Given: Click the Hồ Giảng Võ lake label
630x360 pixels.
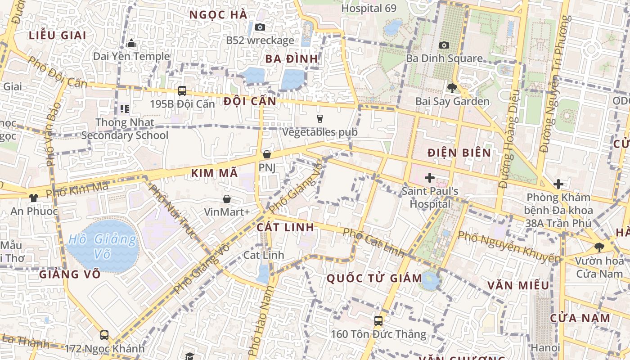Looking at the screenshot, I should click(x=102, y=247).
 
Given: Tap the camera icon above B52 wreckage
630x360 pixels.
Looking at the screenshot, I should click(x=260, y=27).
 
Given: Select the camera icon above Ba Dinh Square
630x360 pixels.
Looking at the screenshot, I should click(x=444, y=45).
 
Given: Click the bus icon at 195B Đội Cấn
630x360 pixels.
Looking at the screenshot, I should click(x=182, y=90).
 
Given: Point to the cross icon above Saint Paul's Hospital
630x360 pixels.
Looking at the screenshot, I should click(x=430, y=177).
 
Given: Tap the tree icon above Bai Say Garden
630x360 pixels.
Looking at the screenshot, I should click(x=452, y=88).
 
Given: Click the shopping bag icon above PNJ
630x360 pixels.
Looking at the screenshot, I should click(x=267, y=154).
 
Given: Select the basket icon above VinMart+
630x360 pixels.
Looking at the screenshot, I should click(x=227, y=198).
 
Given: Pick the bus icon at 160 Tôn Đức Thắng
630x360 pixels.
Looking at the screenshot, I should click(x=378, y=321).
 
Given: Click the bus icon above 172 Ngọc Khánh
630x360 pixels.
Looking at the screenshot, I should click(x=104, y=335).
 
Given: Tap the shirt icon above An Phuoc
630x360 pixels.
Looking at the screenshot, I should click(x=34, y=198).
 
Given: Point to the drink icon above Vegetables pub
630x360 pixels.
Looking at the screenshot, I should click(x=320, y=118).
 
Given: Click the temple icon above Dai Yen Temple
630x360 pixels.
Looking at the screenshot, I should click(x=131, y=43).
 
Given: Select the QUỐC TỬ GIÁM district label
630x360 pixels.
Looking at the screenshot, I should click(x=374, y=278).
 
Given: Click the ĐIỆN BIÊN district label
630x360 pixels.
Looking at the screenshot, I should click(x=459, y=153).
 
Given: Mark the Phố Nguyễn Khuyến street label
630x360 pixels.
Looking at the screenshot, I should click(x=509, y=246).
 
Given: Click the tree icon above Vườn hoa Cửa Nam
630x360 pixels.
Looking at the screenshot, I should click(x=598, y=247).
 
